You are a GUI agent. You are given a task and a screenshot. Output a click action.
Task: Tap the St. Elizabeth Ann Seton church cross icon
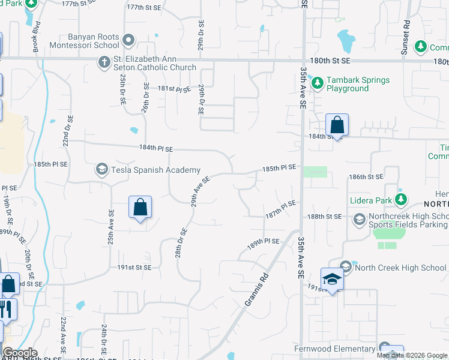click(103, 62)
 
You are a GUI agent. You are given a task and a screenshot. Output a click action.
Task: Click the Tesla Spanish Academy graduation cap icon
click(102, 170)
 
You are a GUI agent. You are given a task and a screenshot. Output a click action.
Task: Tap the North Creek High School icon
click(345, 266)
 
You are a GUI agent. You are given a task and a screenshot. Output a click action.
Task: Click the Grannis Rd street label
click(256, 291)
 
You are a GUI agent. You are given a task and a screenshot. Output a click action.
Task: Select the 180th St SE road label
click(329, 62)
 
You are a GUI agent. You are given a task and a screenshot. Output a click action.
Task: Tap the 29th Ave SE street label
click(200, 191)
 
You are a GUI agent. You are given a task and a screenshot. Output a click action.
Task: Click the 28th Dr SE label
click(182, 243)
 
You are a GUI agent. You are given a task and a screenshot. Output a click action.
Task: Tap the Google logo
click(20, 353)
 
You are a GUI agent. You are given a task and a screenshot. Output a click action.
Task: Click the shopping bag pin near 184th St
click(337, 126)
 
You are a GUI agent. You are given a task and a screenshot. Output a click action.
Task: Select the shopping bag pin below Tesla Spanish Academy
click(140, 208)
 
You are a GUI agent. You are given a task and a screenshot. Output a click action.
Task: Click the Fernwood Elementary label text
click(334, 349)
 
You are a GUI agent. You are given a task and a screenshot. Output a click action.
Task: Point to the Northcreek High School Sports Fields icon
click(359, 220)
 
